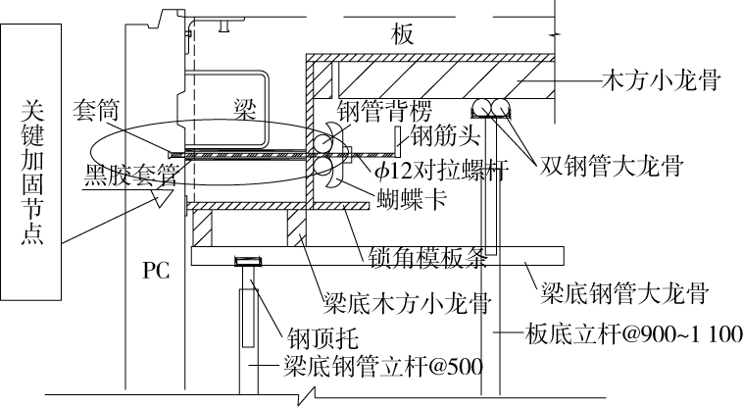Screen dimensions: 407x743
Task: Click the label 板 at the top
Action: pyautogui.click(x=403, y=35)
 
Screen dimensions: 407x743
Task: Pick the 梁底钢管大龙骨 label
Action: pyautogui.click(x=617, y=291)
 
